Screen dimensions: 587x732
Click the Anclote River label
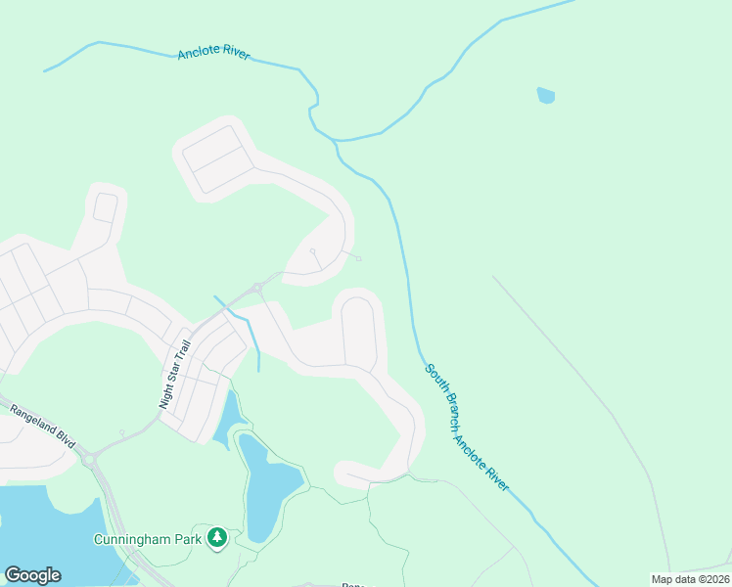214,53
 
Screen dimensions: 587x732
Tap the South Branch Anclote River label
467,427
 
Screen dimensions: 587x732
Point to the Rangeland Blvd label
42,428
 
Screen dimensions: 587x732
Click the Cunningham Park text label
149,539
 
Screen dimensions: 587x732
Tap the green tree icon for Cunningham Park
217,537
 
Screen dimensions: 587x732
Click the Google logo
32,575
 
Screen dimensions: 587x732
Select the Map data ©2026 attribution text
690,579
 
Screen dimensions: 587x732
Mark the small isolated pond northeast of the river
545,95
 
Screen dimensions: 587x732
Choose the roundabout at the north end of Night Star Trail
256,288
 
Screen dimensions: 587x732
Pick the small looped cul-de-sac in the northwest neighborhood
106,207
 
